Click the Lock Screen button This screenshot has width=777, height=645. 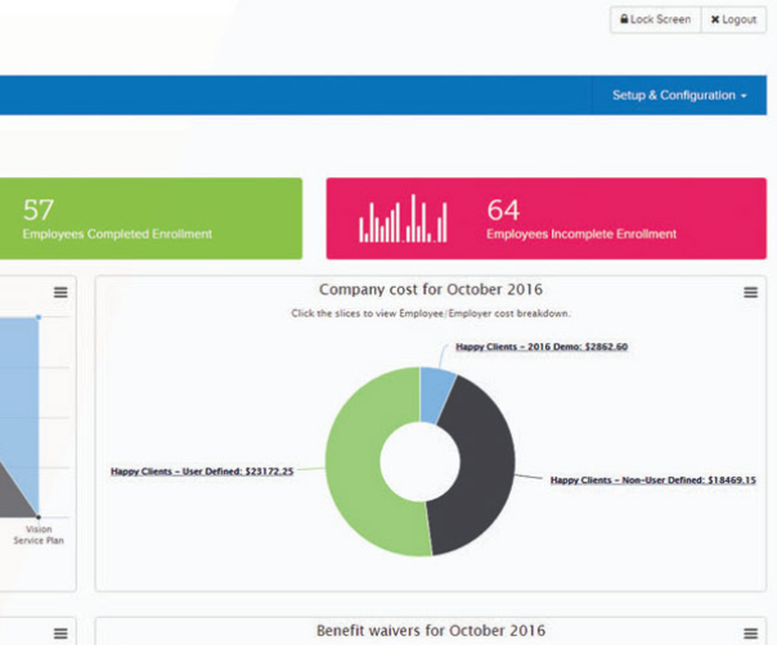[655, 20]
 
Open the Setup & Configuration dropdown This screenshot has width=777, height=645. [679, 95]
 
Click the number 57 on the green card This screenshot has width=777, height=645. [38, 210]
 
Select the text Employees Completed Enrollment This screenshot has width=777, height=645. [117, 234]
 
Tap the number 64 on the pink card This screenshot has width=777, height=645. [503, 210]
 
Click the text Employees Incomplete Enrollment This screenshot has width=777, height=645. [581, 234]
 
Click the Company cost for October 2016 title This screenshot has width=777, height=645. [430, 290]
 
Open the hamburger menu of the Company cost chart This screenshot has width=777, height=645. [751, 293]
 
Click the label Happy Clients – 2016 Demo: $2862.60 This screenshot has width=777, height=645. [542, 347]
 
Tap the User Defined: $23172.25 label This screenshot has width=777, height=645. [202, 470]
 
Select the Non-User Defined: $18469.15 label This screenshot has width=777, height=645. [653, 480]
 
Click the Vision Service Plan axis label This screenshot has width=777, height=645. [38, 535]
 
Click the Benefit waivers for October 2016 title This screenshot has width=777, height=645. [430, 630]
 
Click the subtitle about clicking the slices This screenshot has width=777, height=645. [430, 314]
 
